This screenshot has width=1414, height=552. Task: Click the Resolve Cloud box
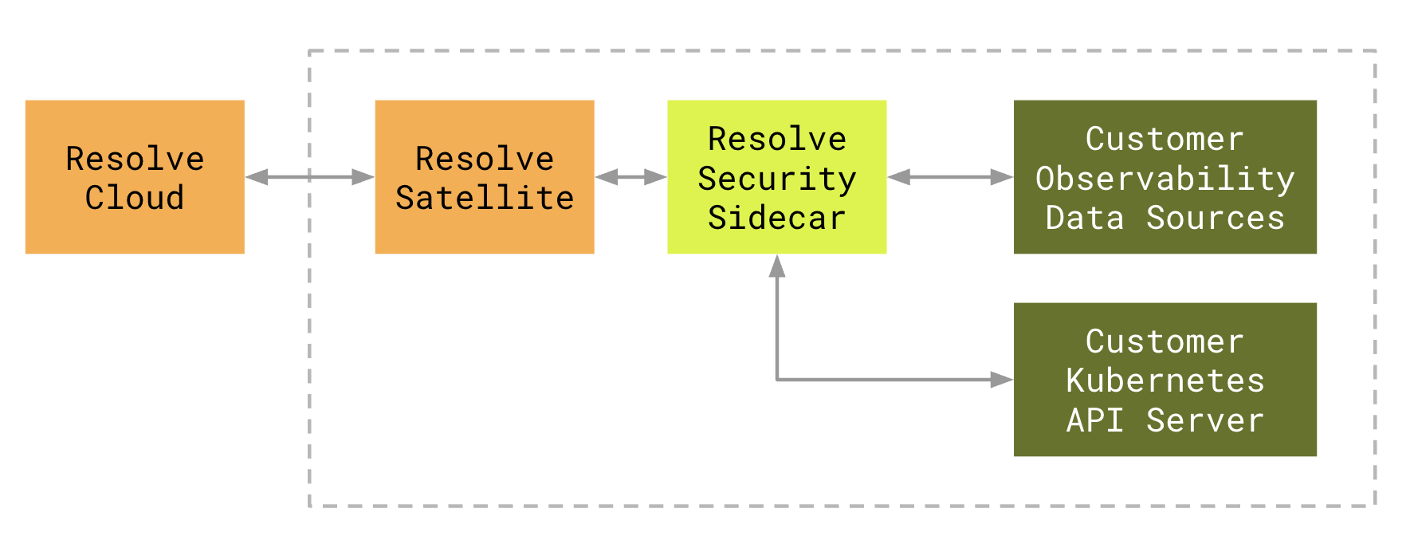tap(135, 177)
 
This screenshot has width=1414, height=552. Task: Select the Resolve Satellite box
tap(485, 177)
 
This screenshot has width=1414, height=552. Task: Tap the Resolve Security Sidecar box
tap(777, 177)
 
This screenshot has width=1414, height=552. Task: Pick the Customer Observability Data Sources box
tap(1165, 177)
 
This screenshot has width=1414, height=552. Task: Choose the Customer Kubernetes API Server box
tap(1165, 380)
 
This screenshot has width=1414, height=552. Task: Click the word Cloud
tap(135, 197)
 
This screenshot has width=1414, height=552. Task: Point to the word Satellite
tap(485, 197)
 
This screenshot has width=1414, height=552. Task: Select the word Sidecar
tap(777, 217)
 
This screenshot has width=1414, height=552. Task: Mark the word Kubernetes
tap(1165, 380)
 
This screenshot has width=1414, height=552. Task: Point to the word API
tap(1095, 420)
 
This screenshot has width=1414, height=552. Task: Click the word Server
tap(1205, 420)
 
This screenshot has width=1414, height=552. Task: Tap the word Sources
tap(1216, 217)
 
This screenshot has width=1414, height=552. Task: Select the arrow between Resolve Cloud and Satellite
tap(310, 177)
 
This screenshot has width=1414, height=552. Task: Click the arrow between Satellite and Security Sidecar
tap(631, 177)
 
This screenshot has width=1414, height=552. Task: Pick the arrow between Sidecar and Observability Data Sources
tap(950, 177)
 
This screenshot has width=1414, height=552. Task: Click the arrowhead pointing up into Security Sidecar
tap(777, 266)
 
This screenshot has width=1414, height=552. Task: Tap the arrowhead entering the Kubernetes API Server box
tap(1001, 380)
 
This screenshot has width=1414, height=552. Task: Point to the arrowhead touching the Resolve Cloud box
tap(257, 177)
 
